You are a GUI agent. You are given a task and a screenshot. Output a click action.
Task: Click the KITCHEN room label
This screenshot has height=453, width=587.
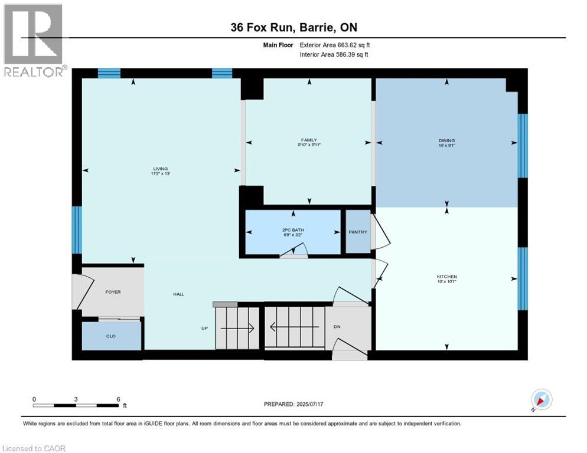click(447, 277)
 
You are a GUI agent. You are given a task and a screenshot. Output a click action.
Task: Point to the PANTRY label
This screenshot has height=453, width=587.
click(357, 232)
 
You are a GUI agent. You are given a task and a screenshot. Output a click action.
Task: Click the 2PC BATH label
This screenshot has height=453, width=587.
click(292, 231)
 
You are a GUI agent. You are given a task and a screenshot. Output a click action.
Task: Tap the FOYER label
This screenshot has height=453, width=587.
click(113, 292)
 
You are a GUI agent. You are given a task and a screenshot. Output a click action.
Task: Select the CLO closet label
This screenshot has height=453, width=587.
click(111, 337)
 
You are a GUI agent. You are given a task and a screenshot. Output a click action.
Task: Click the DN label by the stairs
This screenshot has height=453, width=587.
click(337, 327)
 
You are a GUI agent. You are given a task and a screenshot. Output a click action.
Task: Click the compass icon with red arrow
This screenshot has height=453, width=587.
click(542, 400)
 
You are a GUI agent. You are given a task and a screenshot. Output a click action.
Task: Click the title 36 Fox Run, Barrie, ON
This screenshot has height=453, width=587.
click(293, 27)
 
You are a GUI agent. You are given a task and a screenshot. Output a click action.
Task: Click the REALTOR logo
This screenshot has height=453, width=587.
click(34, 40)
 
